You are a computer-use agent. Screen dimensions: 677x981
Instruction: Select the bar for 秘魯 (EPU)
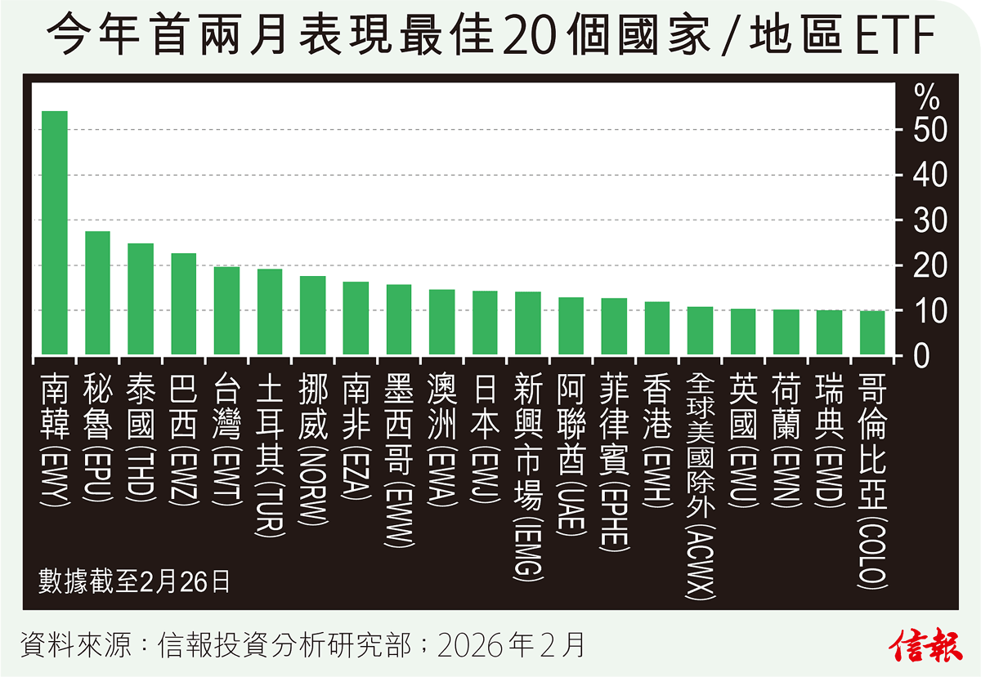click(97, 293)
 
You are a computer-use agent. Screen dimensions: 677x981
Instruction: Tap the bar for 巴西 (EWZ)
click(183, 304)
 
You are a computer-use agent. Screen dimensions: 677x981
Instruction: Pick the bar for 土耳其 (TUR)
click(270, 312)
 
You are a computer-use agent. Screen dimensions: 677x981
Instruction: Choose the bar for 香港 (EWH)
click(657, 328)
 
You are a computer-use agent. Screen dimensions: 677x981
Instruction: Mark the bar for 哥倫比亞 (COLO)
click(872, 332)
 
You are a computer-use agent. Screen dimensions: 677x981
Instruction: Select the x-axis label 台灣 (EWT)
click(226, 434)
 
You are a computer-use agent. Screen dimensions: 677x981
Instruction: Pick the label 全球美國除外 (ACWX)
click(700, 487)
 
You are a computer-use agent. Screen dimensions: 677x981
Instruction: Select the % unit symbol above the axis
click(927, 99)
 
